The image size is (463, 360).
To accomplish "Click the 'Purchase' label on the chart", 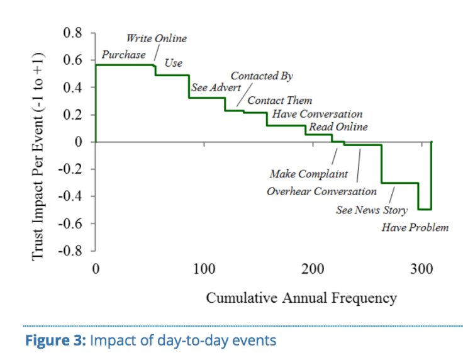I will tap(123, 55).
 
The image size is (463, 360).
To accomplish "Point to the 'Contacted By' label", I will tap(262, 76).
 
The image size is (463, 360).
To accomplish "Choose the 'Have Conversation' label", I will tap(317, 115).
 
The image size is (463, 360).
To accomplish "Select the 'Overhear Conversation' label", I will tap(321, 191).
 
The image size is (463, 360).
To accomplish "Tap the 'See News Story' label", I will tap(371, 210).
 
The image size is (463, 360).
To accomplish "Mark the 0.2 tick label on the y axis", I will tap(73, 115).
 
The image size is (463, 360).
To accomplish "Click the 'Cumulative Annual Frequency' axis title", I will tap(301, 298).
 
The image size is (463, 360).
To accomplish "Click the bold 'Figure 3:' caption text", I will tap(55, 341).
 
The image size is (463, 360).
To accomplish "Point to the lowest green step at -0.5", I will tap(425, 209).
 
